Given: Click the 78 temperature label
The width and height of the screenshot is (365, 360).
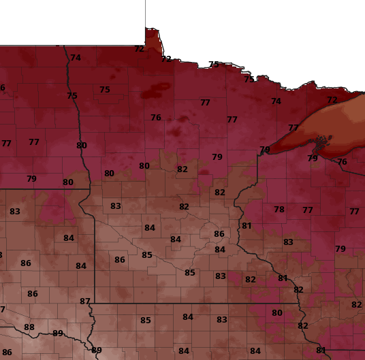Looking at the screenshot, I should (x=279, y=210).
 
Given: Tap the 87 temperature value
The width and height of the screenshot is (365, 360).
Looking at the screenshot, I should (x=85, y=301).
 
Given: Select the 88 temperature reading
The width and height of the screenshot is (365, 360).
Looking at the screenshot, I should (x=29, y=327).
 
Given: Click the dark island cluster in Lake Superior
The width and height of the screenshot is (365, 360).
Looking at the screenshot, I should (x=319, y=142).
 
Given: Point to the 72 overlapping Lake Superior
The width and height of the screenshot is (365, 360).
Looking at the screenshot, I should (x=332, y=100).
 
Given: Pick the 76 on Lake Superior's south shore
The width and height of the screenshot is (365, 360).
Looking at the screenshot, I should (x=342, y=162).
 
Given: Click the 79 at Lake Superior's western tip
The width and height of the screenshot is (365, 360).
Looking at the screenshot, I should (x=265, y=150).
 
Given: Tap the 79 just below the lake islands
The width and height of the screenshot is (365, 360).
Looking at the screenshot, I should (x=313, y=159).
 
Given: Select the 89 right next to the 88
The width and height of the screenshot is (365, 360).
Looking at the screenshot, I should (x=58, y=333).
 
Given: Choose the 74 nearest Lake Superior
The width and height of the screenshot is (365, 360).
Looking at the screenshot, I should (x=276, y=101).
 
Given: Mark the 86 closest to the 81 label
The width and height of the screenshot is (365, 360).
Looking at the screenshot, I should (x=219, y=234).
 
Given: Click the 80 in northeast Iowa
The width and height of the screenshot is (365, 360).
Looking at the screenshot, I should (x=277, y=313).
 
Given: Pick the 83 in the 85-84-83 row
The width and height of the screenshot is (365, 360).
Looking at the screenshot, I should (x=222, y=320).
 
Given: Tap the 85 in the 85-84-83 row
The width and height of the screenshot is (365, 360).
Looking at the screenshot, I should (x=146, y=321).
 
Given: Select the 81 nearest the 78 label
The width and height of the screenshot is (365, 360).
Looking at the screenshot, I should (x=247, y=226).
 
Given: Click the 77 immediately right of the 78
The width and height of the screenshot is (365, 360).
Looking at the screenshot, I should (x=308, y=210).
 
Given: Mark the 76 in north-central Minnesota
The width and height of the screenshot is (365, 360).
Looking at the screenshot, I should (x=156, y=118).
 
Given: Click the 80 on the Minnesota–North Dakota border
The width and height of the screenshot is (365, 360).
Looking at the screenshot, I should (x=82, y=146).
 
